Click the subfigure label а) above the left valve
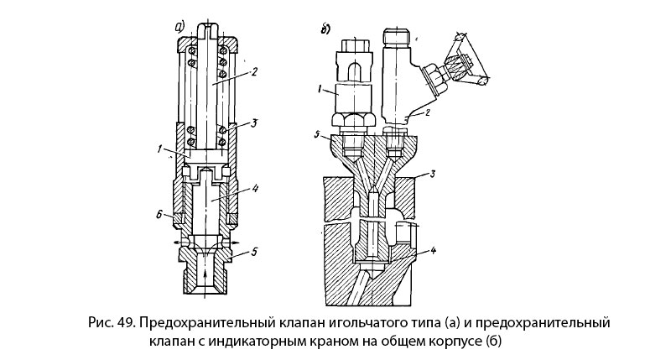pyautogui.click(x=179, y=25)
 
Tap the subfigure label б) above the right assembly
pyautogui.click(x=325, y=33)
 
